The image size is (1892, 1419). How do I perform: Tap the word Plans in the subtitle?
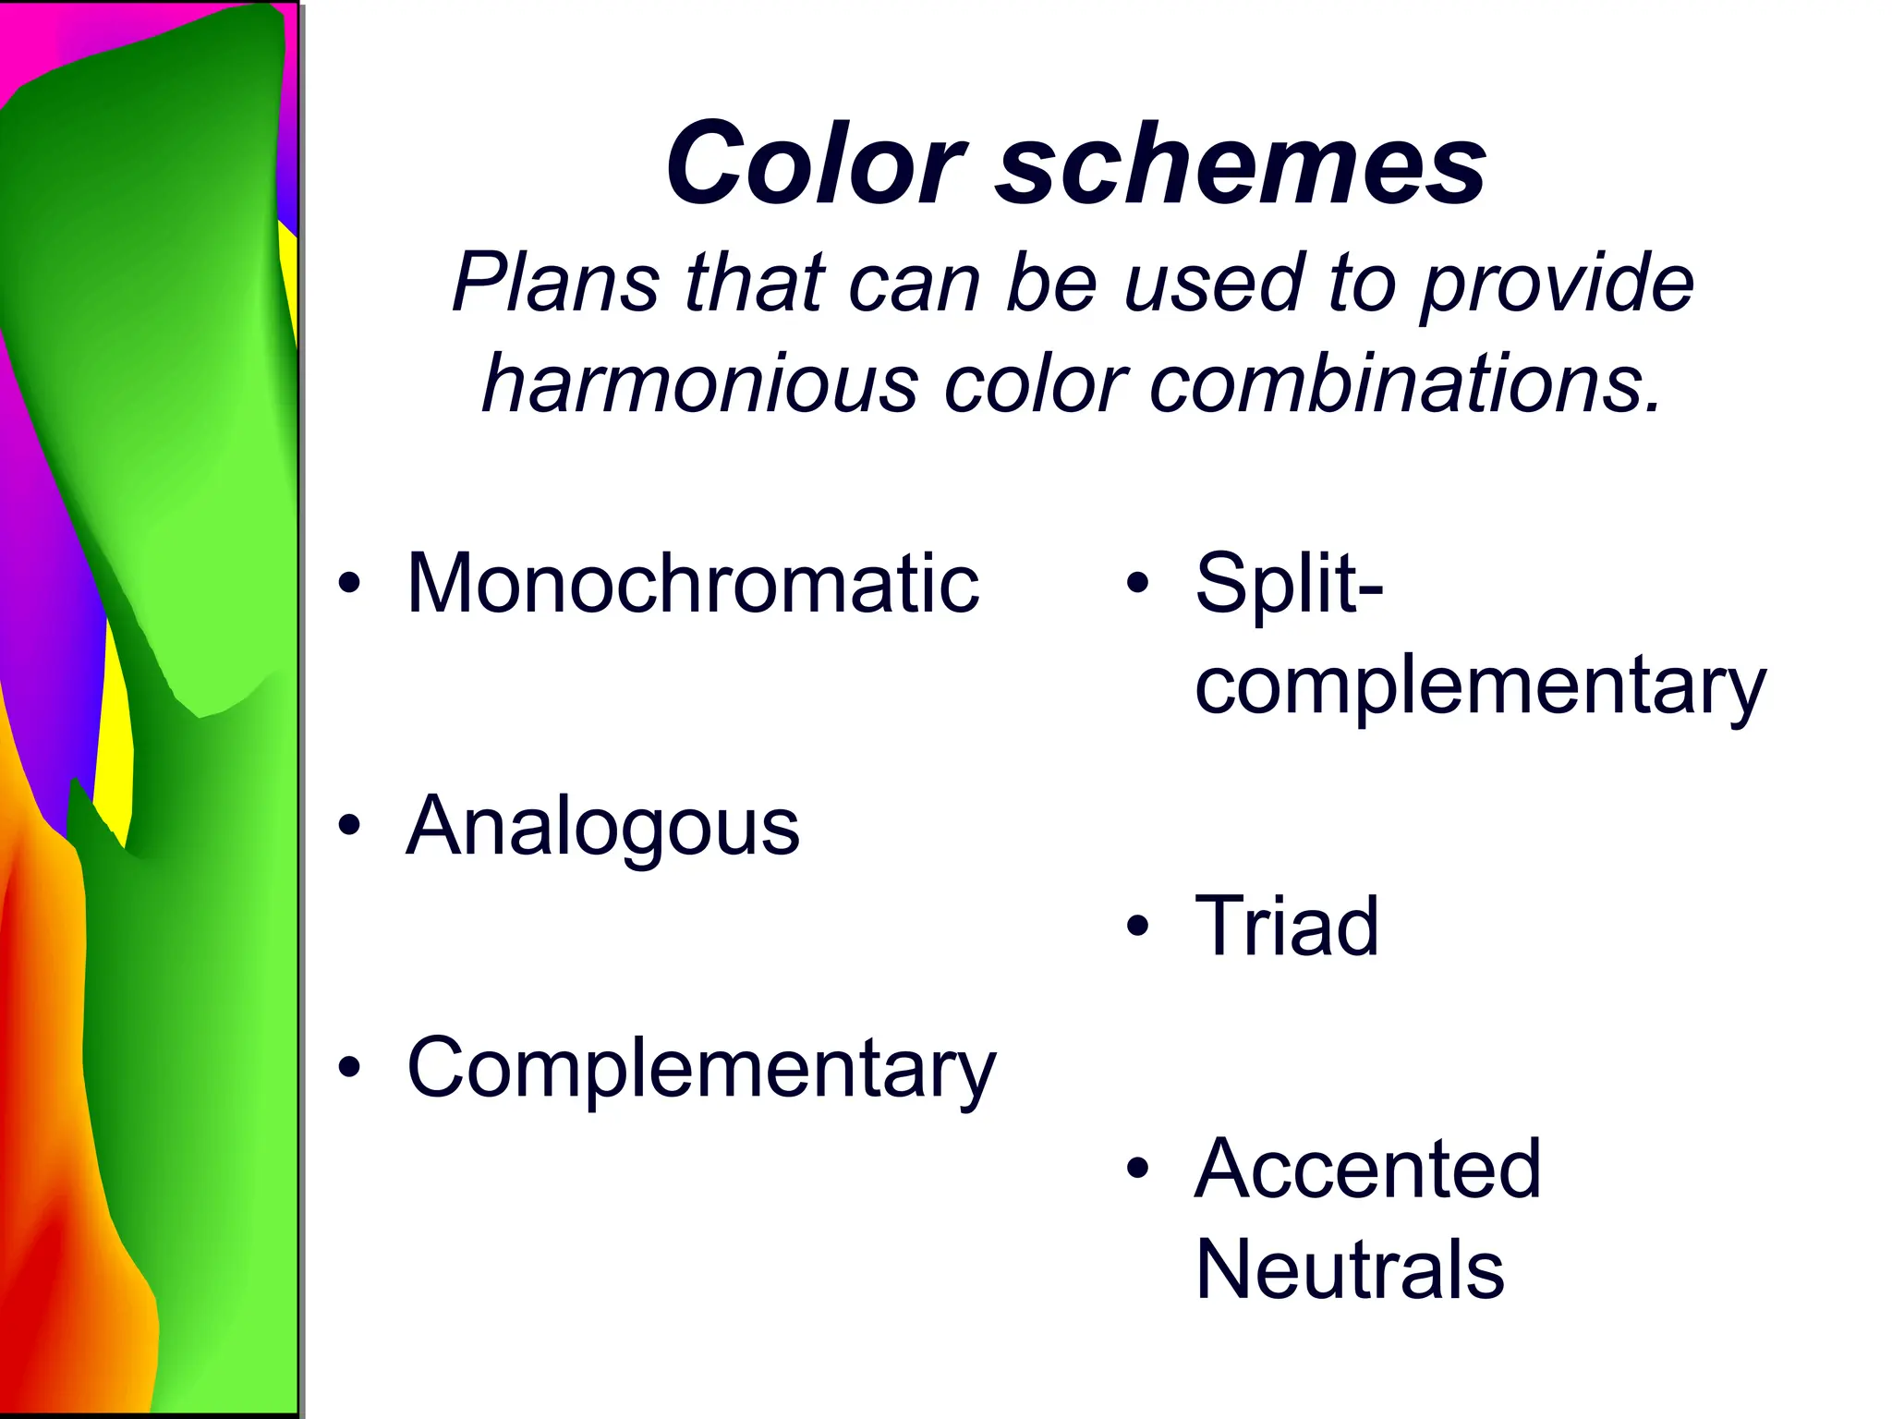(554, 283)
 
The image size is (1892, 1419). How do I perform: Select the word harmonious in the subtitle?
(700, 384)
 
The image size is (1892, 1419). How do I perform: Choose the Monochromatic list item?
(693, 584)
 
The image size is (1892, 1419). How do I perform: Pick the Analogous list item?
(602, 828)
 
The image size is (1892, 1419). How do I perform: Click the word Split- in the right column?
(1289, 584)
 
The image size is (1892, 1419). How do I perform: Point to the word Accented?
(1367, 1170)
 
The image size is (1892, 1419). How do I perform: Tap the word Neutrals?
(1349, 1271)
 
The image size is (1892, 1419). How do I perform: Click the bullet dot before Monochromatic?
(348, 584)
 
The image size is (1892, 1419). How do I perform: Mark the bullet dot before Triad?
(1137, 926)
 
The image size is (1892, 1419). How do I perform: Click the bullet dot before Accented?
(1137, 1169)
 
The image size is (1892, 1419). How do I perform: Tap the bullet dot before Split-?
(1137, 583)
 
